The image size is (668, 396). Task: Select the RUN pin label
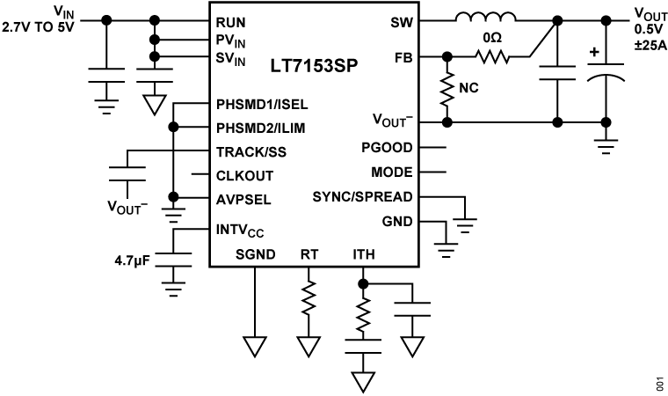(230, 22)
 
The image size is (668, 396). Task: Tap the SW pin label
(402, 22)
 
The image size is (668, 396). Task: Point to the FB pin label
(404, 58)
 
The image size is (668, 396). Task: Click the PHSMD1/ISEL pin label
(262, 104)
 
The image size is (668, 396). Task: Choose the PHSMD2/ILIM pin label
(261, 128)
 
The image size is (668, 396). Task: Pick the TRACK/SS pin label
(251, 151)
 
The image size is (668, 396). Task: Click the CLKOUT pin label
(244, 175)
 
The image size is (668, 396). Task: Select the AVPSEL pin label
(243, 200)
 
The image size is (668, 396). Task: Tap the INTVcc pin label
(240, 231)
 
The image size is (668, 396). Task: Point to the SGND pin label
(255, 254)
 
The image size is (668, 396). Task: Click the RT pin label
(309, 254)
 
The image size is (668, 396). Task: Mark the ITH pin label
(364, 254)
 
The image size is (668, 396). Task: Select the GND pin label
(397, 222)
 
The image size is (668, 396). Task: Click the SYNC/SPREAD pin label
(362, 196)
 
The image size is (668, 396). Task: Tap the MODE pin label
(392, 172)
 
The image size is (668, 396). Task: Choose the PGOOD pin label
(387, 148)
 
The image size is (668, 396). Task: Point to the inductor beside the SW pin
(485, 19)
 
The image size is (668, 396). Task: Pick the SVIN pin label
(230, 58)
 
